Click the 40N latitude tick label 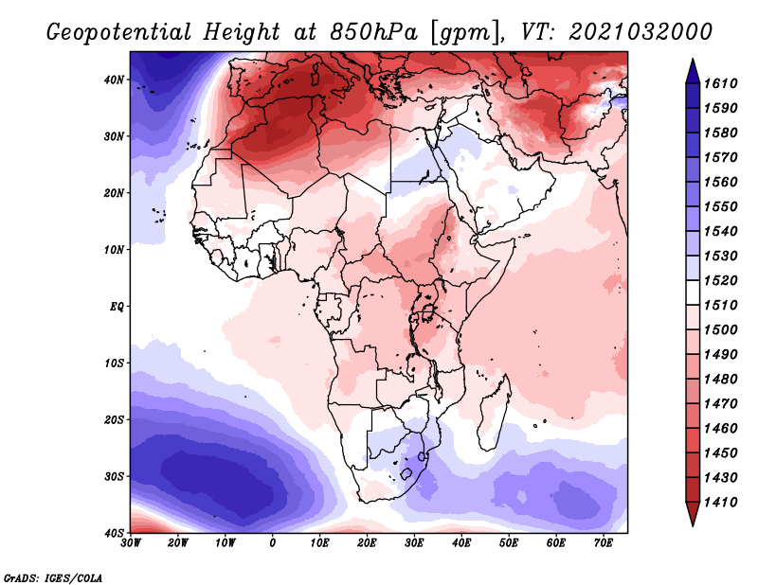pos(114,80)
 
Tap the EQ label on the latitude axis pos(117,307)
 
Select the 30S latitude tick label pos(114,476)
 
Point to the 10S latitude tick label pos(114,363)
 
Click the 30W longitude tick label pos(131,543)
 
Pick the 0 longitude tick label pos(273,543)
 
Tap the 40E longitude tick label pos(461,543)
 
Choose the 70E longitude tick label pos(604,543)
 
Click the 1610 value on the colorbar pos(720,83)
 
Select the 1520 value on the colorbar pos(720,280)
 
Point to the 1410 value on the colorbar pos(720,503)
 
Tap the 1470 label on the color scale pos(720,404)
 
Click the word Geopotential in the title pos(119,32)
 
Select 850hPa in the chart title pos(373,32)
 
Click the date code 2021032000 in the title pos(641,32)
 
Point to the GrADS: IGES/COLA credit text pos(53,577)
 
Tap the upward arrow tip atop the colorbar pos(693,60)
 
